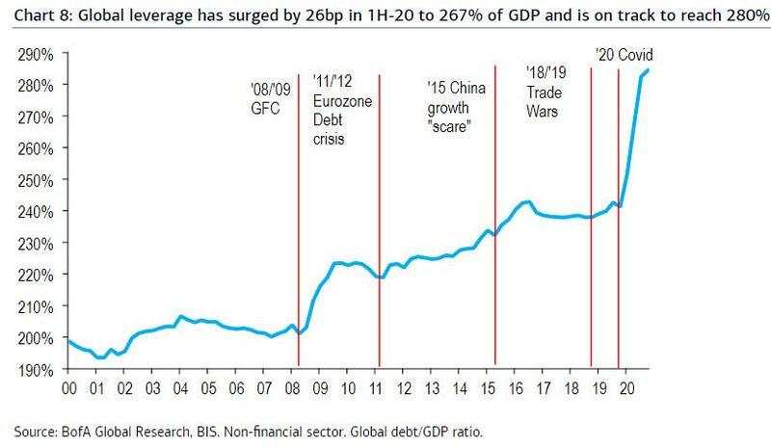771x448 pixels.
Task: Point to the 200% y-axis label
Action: click(x=35, y=337)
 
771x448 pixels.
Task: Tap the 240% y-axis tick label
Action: click(x=35, y=211)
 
